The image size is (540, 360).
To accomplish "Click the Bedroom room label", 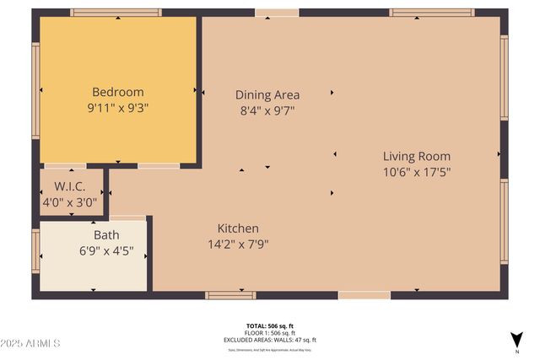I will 117,92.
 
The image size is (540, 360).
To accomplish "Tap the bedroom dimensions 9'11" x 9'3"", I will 117,108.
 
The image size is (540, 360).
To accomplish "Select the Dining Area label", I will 267,94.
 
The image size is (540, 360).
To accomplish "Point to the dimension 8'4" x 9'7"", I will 267,110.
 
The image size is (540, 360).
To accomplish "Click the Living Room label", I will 416,156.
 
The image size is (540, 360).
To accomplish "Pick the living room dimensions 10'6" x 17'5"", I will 416,172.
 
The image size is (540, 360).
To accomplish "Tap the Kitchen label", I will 238,228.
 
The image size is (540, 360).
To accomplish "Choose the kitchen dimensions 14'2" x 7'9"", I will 238,244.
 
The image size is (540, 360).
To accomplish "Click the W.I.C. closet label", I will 71,185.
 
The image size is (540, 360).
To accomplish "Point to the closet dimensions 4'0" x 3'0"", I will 71,202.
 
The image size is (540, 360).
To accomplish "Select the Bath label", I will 106,235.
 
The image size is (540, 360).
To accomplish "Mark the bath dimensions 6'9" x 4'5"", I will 106,251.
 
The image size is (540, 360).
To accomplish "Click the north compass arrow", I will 516,339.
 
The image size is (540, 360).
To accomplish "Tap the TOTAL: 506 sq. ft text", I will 270,325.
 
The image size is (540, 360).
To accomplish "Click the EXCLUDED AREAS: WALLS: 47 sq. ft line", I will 270,339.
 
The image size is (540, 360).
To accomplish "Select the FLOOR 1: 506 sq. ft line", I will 270,332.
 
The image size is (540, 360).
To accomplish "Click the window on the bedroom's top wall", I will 116,13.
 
